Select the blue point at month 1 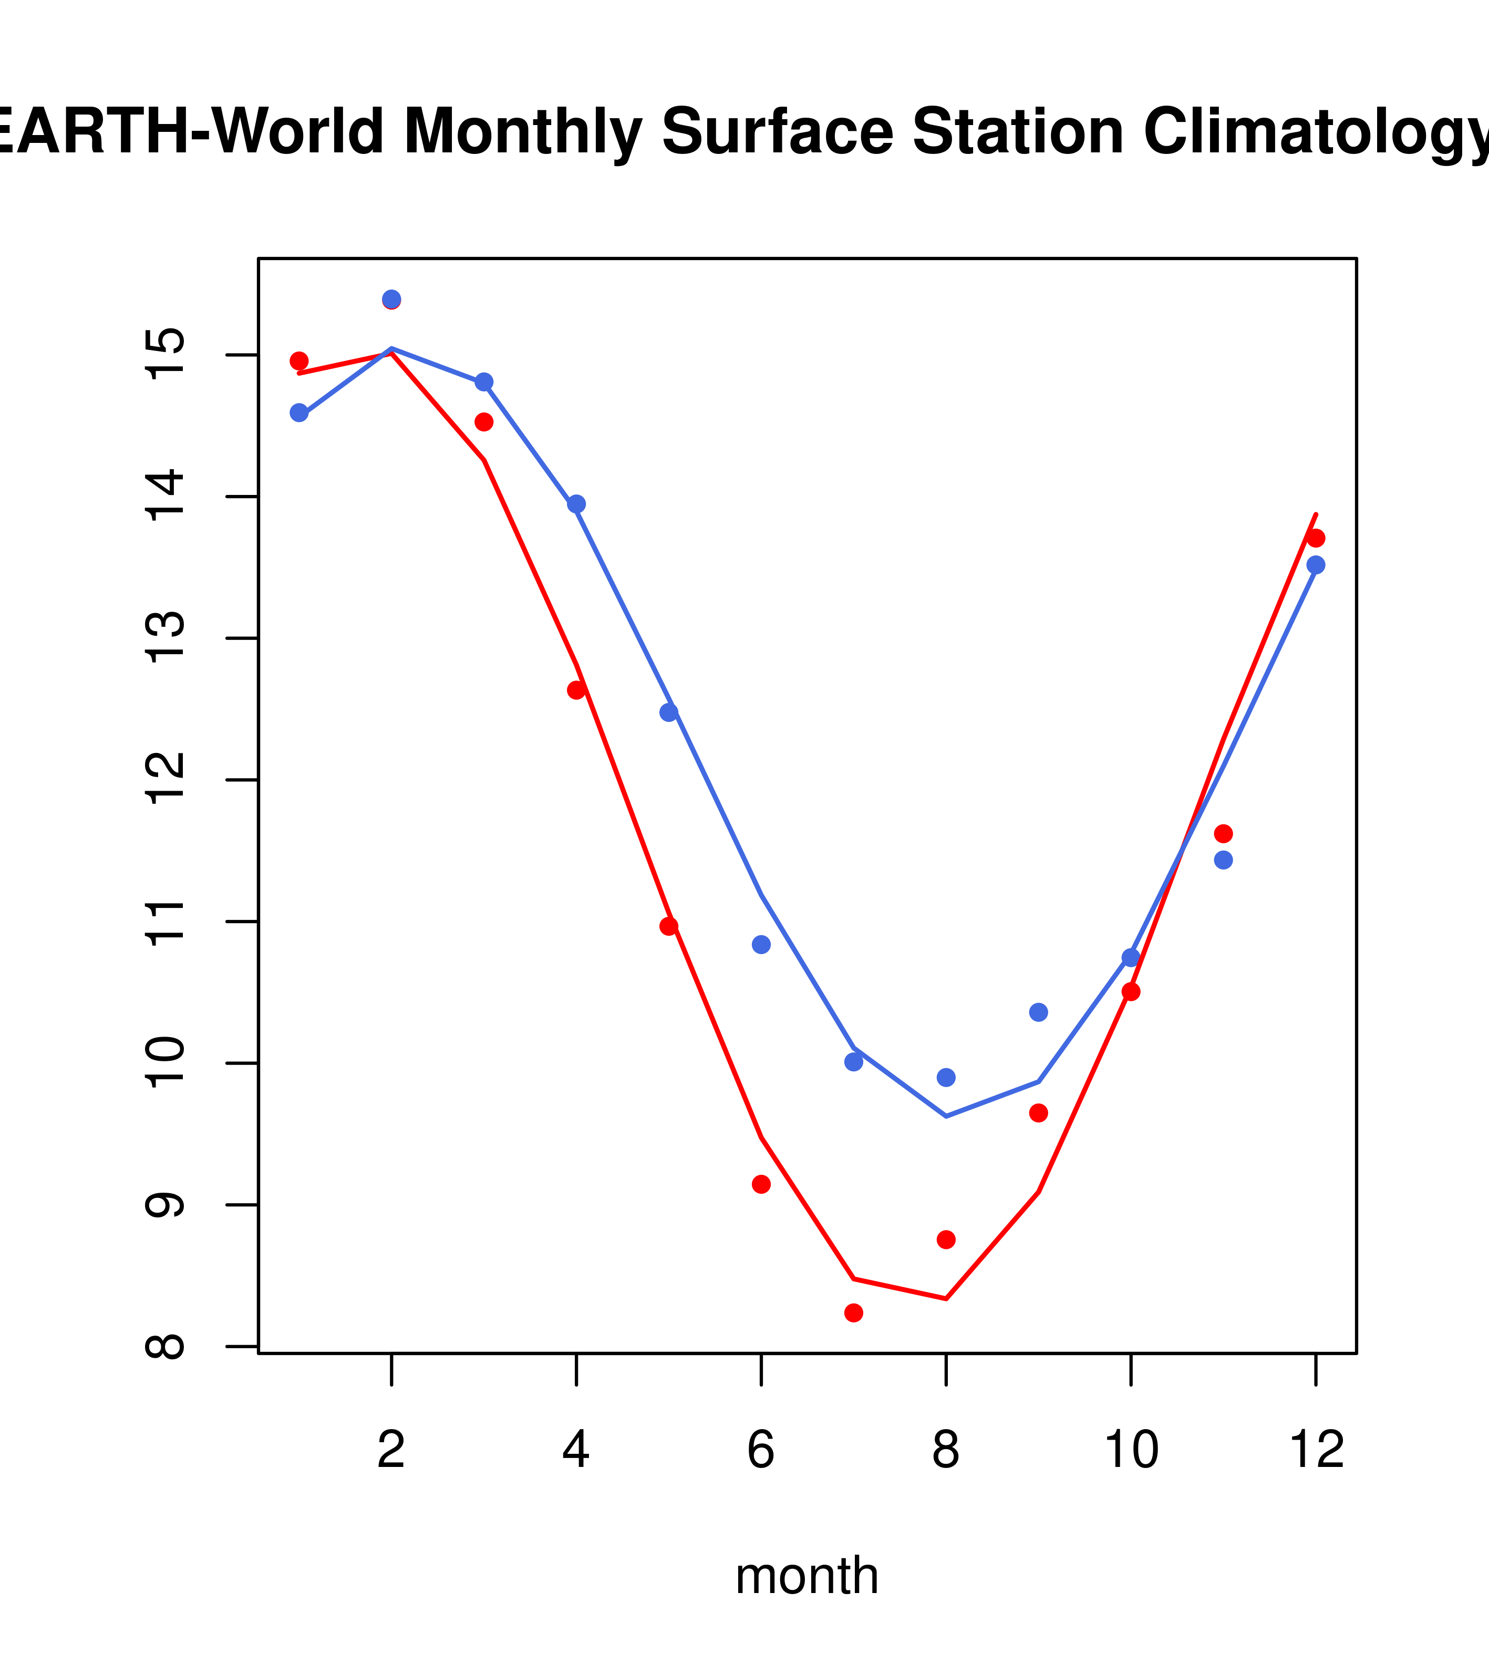tap(299, 412)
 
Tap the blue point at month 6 tap(761, 945)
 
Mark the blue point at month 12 tap(1315, 565)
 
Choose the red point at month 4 tap(576, 690)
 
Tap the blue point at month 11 tap(1223, 860)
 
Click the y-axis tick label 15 tap(165, 355)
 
